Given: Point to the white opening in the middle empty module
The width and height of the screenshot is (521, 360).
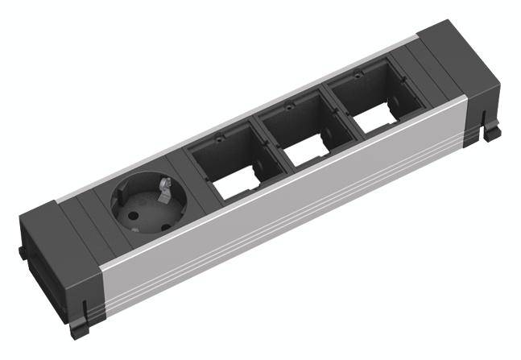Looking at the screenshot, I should [307, 152].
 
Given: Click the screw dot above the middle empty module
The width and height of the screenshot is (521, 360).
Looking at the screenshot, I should [286, 106].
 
